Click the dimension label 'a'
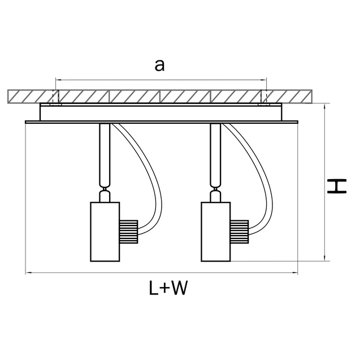pos(160,65)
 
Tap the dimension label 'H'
pos(337,186)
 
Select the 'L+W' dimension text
pos(168,288)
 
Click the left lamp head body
pos(105,231)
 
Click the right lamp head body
pos(215,231)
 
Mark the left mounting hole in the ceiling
pos(54,97)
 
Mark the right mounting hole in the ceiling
pos(263,97)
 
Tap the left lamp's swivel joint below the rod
pos(104,196)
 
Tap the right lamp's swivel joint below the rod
pos(215,196)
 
